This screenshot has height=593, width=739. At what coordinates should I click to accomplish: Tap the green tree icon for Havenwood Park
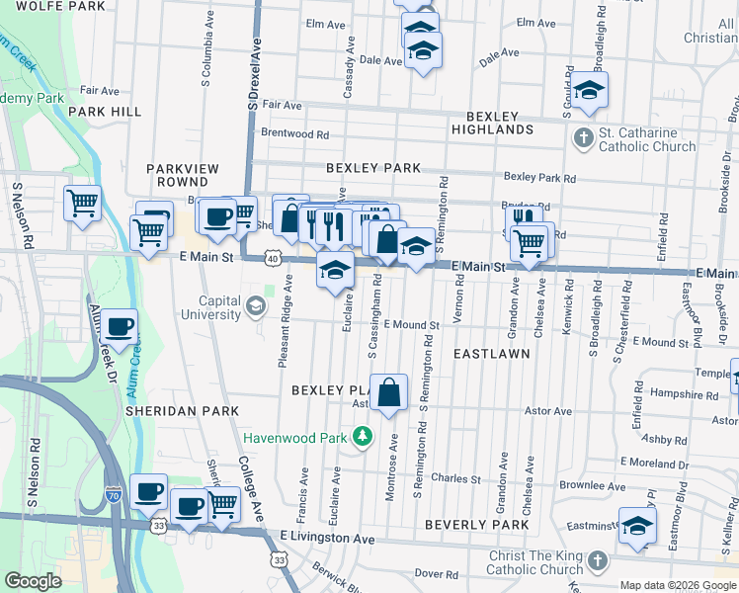(365, 436)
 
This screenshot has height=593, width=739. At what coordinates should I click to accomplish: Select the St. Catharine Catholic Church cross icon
(584, 138)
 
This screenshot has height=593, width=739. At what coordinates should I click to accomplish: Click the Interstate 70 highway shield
(115, 494)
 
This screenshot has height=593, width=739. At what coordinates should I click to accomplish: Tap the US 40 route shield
(272, 259)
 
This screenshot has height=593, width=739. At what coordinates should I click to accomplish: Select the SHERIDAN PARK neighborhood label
(182, 410)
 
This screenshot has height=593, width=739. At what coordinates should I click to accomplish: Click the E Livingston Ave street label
(326, 539)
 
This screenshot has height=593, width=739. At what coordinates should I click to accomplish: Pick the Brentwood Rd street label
(294, 133)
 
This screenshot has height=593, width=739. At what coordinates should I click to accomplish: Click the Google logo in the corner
(33, 581)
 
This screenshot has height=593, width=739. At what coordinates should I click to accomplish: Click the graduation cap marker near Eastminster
(638, 527)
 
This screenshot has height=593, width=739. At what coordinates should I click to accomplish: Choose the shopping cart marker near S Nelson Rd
(83, 204)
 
